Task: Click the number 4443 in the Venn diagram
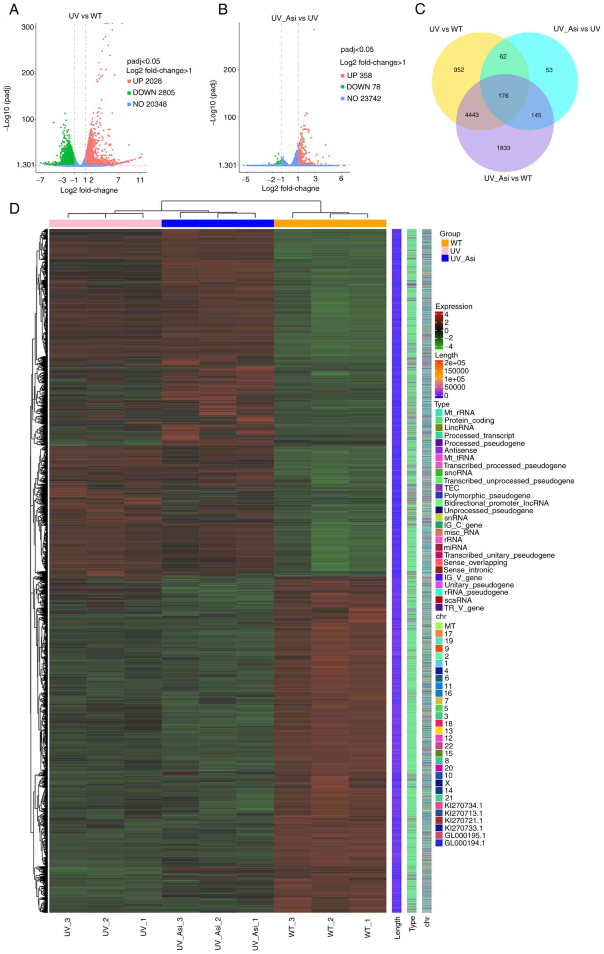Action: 472,115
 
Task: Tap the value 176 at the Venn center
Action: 503,95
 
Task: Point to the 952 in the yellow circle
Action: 459,70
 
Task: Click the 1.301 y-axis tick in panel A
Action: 25,165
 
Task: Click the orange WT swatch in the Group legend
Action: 445,243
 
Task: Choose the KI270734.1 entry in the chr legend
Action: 463,805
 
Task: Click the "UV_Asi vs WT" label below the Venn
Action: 508,178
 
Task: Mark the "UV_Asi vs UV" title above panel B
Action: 295,18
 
